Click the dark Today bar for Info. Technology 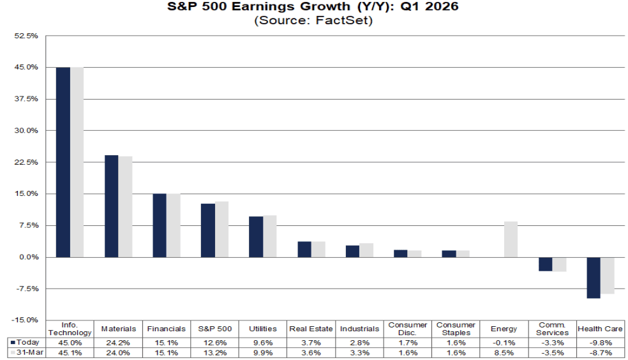[x=63, y=162]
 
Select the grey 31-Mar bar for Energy [x=511, y=239]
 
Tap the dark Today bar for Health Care [x=594, y=278]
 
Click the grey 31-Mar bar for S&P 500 [x=221, y=229]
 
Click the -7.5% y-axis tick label [x=27, y=289]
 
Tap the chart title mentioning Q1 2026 [x=313, y=8]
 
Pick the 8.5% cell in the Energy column [x=504, y=352]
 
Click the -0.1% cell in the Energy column [x=504, y=342]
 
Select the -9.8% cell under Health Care [x=600, y=342]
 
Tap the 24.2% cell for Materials [x=119, y=342]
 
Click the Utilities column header [x=263, y=329]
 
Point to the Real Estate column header [x=311, y=329]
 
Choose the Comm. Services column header [x=552, y=329]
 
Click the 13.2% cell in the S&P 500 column [x=214, y=352]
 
